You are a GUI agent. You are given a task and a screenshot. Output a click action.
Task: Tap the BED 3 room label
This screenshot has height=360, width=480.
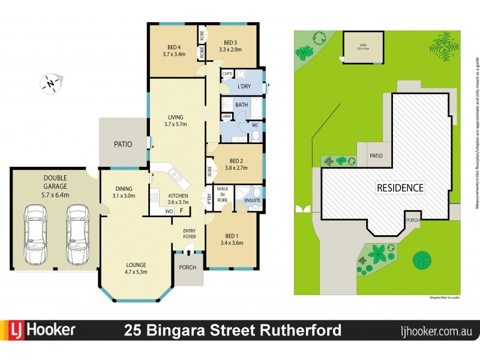[x=231, y=43]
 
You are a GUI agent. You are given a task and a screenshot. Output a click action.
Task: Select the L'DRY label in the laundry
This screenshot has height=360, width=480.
[x=244, y=87]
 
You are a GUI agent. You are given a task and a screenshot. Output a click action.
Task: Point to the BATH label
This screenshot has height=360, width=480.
[x=241, y=105]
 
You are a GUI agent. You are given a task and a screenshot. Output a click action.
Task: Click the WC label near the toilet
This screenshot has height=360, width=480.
[x=254, y=125]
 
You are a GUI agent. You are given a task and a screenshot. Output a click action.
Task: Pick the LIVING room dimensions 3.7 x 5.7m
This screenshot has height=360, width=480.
[x=176, y=125]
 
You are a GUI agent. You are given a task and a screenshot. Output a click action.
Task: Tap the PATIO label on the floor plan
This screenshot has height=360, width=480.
[x=122, y=144]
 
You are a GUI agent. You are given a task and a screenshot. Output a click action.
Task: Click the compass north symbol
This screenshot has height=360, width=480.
[x=52, y=82]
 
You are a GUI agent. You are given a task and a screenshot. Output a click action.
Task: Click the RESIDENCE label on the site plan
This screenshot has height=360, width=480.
[x=400, y=188]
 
